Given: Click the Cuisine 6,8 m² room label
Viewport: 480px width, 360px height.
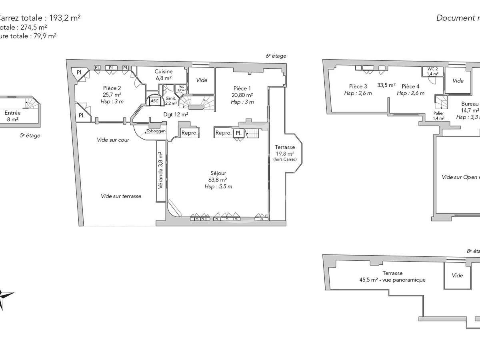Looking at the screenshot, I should [x=163, y=75].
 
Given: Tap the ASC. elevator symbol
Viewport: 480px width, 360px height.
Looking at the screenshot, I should [x=154, y=102].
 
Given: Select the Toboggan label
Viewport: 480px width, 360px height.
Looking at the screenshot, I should [x=156, y=131].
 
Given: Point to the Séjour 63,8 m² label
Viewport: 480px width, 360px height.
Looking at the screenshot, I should [x=218, y=180].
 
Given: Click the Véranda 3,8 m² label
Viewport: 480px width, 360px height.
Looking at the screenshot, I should [x=160, y=171].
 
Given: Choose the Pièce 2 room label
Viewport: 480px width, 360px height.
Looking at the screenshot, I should [x=112, y=95].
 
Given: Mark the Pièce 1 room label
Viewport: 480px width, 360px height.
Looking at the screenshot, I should [x=242, y=95].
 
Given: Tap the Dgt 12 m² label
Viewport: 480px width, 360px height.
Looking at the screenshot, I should [x=176, y=114].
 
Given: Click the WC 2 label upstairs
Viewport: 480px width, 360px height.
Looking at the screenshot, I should [x=432, y=71].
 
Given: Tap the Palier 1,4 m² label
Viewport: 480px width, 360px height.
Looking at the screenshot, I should [x=438, y=116].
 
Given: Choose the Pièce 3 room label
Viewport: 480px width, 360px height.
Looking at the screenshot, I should [x=358, y=90].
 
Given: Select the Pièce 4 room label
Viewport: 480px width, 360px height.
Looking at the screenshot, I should [x=410, y=90].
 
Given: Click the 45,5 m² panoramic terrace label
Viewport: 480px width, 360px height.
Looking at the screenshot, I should [x=392, y=276].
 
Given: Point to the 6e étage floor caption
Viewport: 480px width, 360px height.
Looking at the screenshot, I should [x=276, y=56].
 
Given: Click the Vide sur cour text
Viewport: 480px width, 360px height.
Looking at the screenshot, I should [x=113, y=140].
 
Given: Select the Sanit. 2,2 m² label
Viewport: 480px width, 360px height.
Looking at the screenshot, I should [x=171, y=100].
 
